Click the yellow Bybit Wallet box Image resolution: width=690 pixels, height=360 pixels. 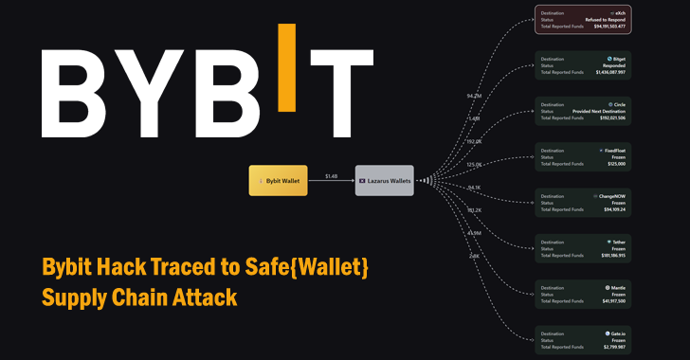(x=278, y=181)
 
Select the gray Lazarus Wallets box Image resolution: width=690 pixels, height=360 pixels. (x=385, y=181)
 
